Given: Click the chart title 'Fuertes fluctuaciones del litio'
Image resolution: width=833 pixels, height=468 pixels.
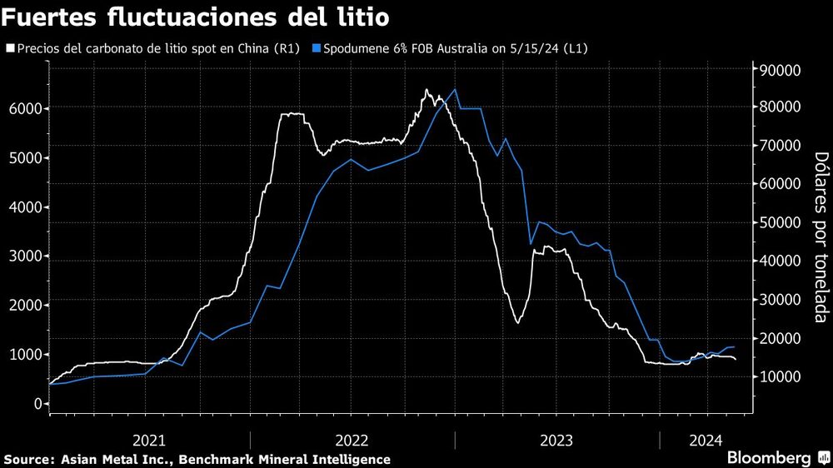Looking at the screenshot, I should (199, 17).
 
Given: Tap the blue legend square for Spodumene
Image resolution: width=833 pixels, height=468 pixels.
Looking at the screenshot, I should (317, 47).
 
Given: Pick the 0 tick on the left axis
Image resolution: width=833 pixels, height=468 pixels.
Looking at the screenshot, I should (37, 404).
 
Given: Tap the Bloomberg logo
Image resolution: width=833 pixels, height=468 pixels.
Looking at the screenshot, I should (775, 458).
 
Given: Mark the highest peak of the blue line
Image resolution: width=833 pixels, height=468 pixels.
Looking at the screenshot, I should (454, 89).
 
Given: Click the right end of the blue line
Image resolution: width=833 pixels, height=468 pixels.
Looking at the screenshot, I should (733, 346).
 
